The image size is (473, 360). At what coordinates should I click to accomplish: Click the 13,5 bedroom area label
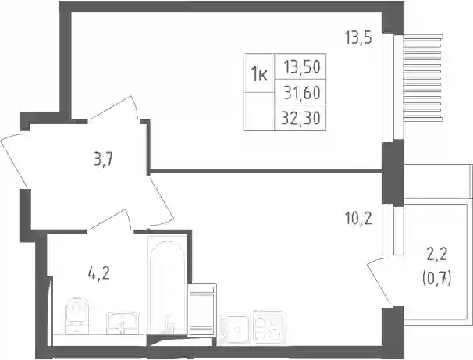[358, 38]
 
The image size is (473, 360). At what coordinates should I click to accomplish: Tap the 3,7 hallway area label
[103, 159]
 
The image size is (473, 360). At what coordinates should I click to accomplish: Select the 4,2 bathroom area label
[98, 273]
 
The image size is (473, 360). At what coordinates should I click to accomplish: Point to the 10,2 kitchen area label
[358, 219]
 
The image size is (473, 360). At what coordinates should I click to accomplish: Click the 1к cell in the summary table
[259, 73]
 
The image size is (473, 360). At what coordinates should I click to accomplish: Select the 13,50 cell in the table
[301, 66]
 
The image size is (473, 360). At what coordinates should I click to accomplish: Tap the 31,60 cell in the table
[301, 92]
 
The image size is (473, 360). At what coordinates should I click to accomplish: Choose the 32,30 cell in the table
[301, 118]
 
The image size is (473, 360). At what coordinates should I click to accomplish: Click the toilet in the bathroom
[77, 315]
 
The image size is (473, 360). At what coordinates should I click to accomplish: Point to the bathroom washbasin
[123, 323]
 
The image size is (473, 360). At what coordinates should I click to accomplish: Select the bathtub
[167, 286]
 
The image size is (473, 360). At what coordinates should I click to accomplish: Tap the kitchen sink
[234, 328]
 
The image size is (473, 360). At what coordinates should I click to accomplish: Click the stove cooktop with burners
[268, 328]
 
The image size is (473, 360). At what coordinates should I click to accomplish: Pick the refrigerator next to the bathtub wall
[202, 309]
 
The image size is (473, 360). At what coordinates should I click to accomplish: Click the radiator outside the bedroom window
[423, 78]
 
